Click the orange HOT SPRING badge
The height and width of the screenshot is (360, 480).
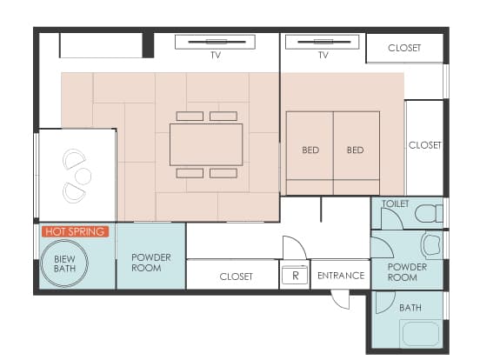(x=76, y=231)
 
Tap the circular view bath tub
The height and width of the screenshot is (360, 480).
(x=64, y=263)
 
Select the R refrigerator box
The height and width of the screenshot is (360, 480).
(x=295, y=275)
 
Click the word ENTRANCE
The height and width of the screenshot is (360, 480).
(x=341, y=276)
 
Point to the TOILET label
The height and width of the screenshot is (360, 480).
(x=395, y=203)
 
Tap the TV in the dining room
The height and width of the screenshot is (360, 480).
(x=215, y=42)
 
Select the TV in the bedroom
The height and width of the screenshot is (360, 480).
(x=323, y=42)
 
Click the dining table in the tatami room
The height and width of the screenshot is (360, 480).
(x=206, y=144)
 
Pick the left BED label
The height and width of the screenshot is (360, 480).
(x=310, y=150)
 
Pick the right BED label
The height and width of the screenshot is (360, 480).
(x=355, y=150)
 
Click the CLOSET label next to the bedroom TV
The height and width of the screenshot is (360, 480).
(x=404, y=48)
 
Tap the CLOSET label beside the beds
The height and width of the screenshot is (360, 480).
(x=424, y=145)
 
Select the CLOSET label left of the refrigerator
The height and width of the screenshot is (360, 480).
(x=236, y=277)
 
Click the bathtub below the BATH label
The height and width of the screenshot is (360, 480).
(x=421, y=334)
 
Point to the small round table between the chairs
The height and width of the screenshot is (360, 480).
(x=83, y=176)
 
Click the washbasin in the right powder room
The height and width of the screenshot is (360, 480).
(x=432, y=244)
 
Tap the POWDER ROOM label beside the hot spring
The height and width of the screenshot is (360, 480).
(x=151, y=263)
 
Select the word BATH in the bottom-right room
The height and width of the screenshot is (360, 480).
(x=410, y=307)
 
